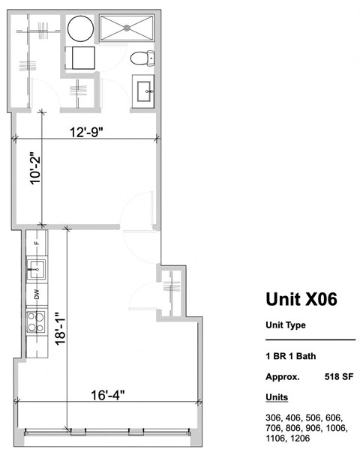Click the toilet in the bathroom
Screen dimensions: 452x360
coord(141,57)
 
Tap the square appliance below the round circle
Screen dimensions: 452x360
coord(80,58)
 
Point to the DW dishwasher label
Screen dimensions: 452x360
coord(36,295)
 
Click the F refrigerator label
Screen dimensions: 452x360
coord(36,244)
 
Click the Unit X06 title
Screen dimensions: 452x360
coord(301,299)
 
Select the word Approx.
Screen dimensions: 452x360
coord(283,377)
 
